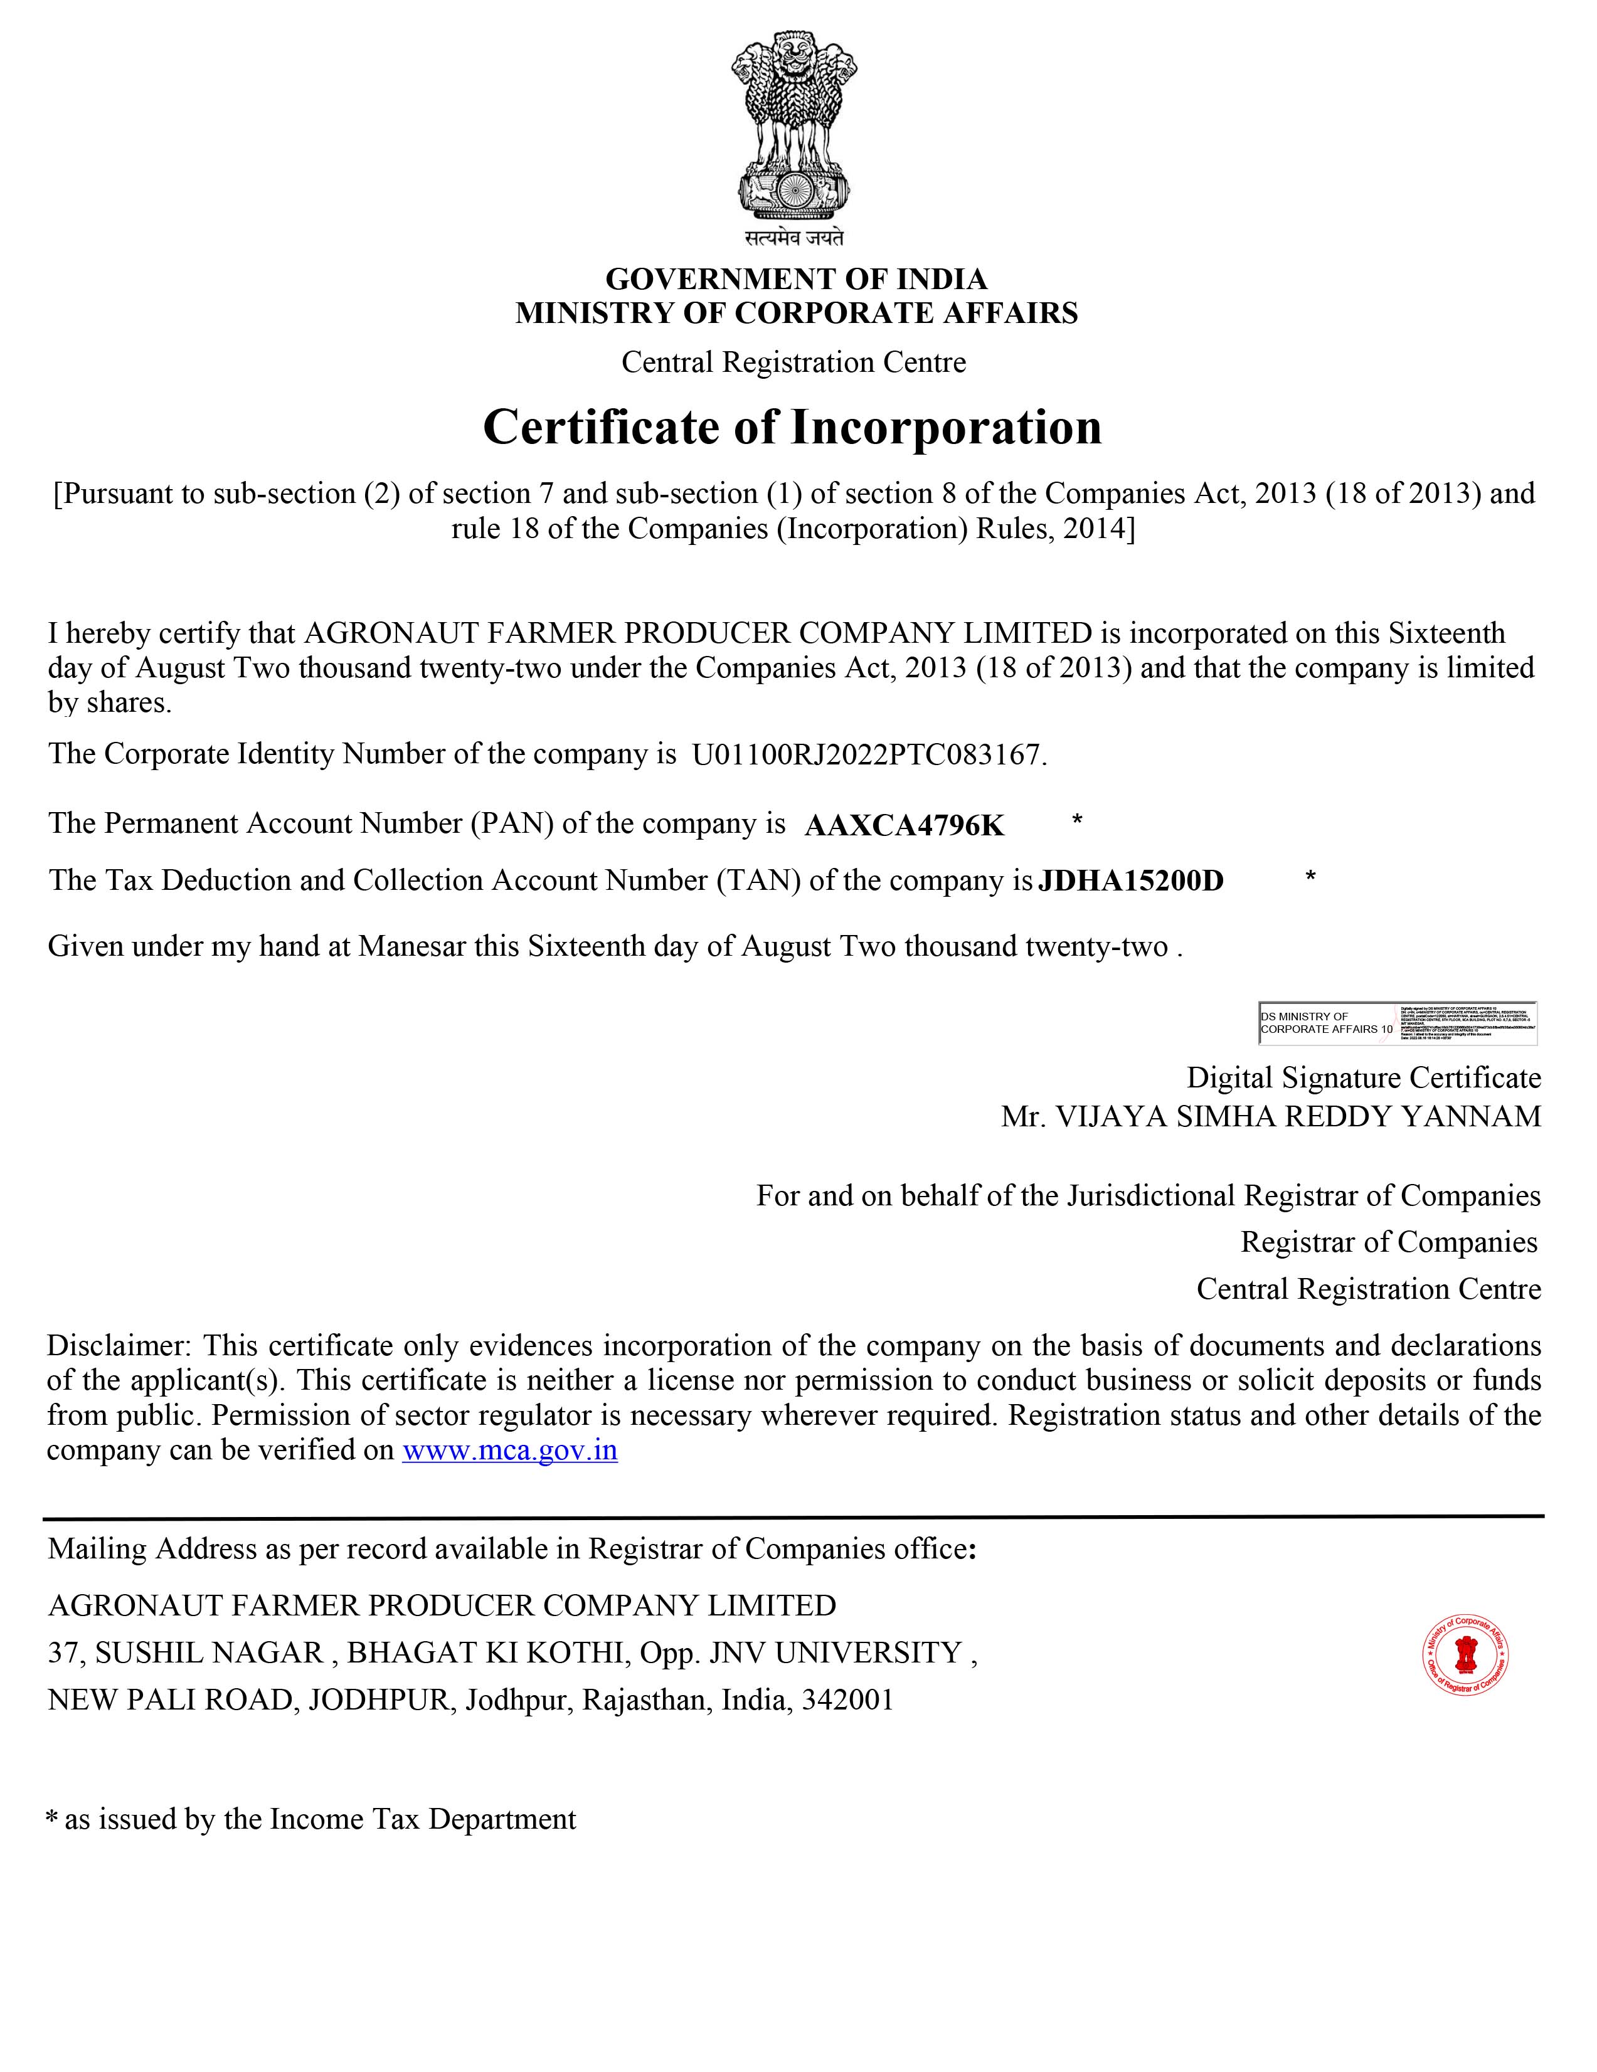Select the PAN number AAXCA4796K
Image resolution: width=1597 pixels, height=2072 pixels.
[x=903, y=827]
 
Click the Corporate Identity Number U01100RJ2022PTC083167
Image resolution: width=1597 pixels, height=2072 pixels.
[x=867, y=754]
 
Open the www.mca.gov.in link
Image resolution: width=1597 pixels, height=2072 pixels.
[x=509, y=1451]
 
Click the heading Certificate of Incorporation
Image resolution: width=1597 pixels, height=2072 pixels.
[x=792, y=427]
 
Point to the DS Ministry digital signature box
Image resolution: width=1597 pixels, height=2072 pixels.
[x=1397, y=1023]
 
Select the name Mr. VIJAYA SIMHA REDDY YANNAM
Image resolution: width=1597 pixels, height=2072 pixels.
[x=1271, y=1117]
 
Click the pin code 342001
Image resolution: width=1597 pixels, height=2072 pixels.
[x=847, y=1699]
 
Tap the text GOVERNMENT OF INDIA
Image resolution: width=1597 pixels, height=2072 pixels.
[x=796, y=279]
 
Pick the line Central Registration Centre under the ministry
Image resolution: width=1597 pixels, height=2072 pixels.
[x=793, y=362]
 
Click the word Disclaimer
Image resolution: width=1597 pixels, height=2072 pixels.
[x=119, y=1345]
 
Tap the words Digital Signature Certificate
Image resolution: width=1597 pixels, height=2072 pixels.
[x=1364, y=1079]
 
